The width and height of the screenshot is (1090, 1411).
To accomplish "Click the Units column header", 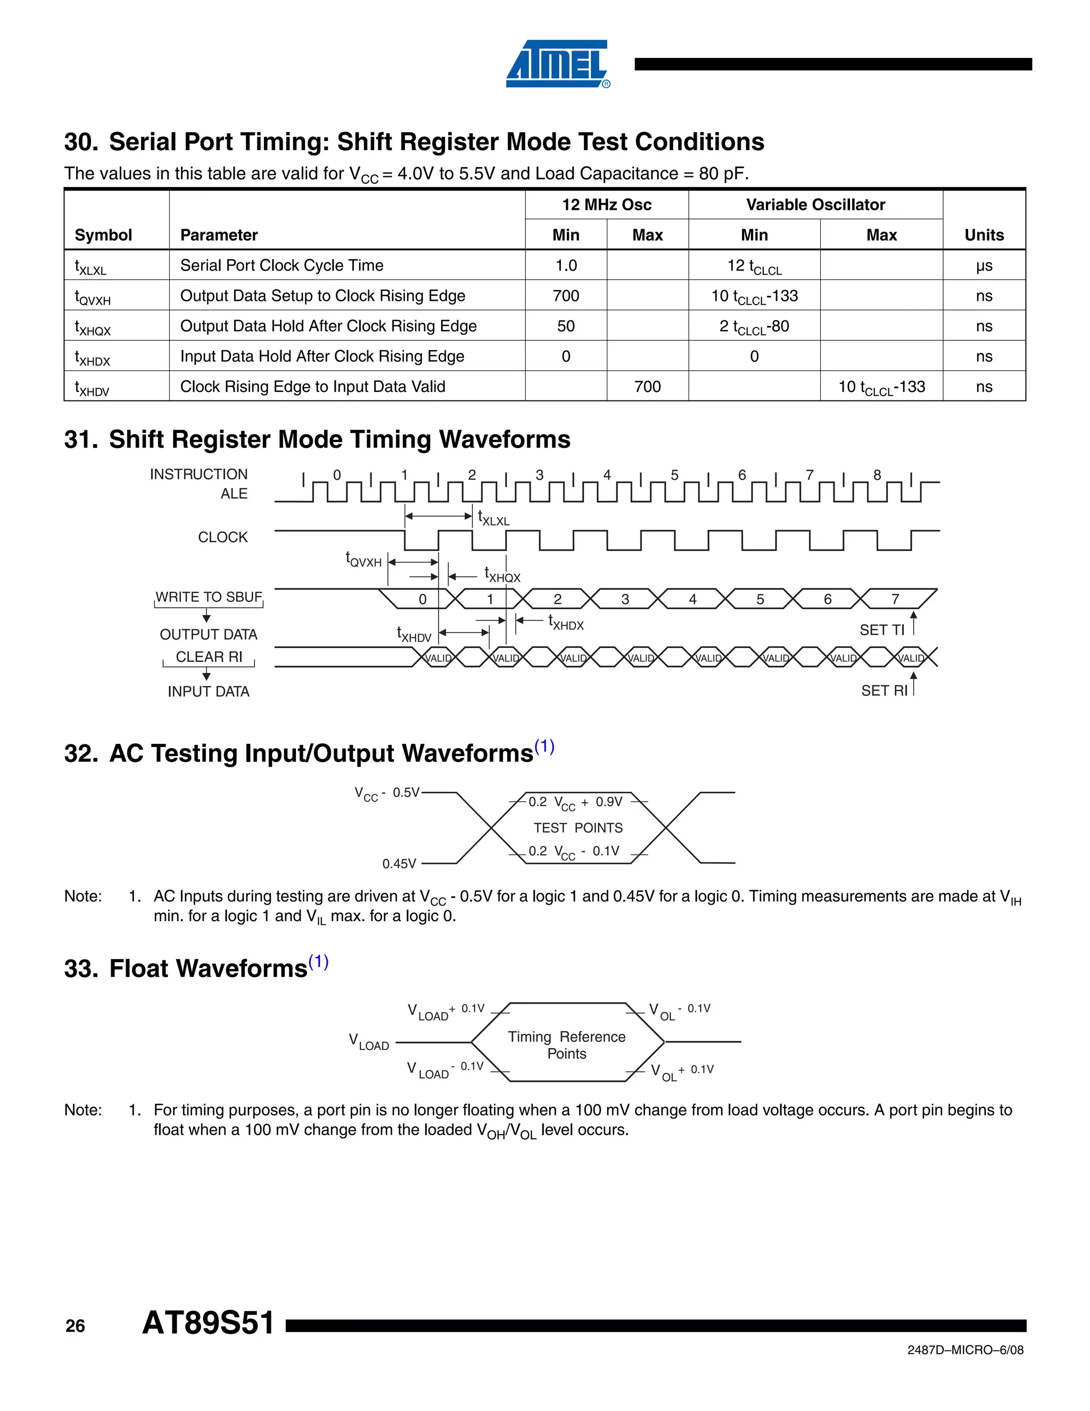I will (984, 235).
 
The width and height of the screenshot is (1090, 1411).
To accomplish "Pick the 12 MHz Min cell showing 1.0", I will (566, 266).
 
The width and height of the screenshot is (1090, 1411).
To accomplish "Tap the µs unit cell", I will (984, 266).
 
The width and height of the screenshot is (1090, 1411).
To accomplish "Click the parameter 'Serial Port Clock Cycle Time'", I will (282, 266).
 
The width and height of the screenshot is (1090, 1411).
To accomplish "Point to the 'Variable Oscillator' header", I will (815, 205).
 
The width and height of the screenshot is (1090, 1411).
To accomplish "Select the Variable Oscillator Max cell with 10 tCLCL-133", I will (881, 387).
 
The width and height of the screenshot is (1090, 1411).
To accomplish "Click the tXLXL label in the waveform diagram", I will (494, 518).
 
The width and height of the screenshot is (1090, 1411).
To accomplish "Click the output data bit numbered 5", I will (760, 600).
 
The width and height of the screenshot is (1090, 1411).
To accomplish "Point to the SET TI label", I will (881, 630).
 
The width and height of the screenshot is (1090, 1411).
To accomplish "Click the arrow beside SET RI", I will (914, 684).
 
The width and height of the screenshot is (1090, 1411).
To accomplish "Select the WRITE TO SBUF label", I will (209, 597).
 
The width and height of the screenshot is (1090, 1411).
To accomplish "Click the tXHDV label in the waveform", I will (414, 635).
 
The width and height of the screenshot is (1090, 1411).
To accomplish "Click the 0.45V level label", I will (399, 864).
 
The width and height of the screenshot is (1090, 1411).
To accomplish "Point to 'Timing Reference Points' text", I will (566, 1045).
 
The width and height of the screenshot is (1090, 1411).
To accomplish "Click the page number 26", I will (75, 1326).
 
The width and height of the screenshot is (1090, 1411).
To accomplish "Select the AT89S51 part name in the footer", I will (208, 1323).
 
